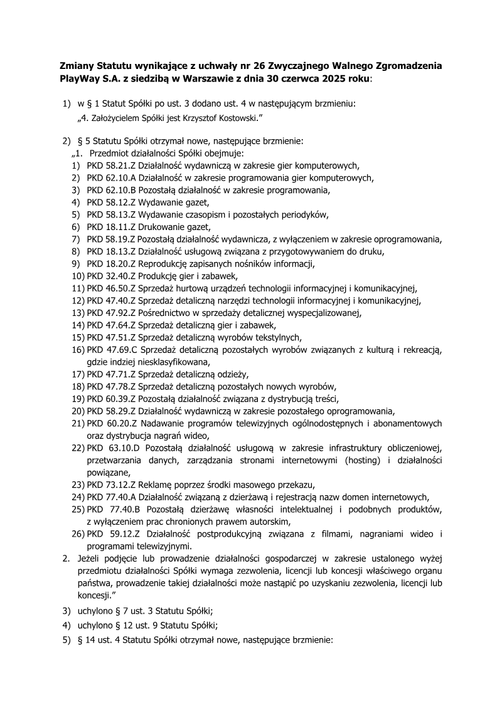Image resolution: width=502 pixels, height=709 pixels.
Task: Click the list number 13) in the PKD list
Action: click(78, 312)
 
